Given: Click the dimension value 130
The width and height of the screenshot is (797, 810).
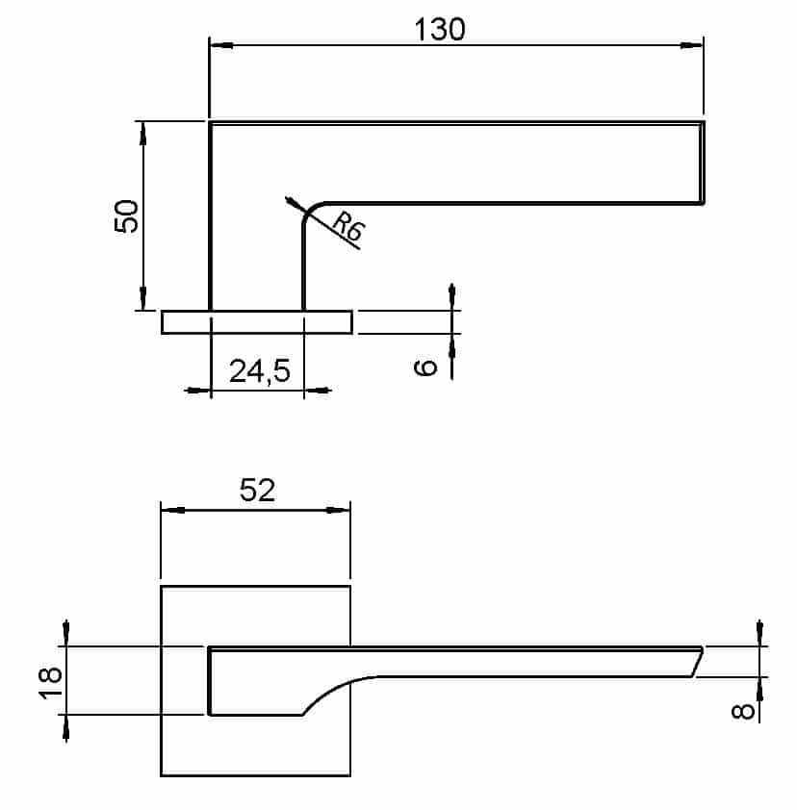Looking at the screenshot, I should pos(440,30).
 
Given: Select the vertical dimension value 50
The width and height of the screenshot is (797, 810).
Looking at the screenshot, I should pos(129,215).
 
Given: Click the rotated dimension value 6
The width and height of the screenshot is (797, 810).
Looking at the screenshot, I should pos(429,366).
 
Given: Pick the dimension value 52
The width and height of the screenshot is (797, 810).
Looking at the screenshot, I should pos(256,491).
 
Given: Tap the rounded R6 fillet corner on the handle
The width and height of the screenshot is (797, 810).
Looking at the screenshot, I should pos(310,214).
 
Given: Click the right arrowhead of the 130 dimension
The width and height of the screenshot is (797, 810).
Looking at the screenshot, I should pos(692,44).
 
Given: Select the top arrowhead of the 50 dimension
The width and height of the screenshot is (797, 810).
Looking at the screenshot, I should pos(142,133).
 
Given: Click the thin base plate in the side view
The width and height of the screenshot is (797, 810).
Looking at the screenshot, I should pos(256,322).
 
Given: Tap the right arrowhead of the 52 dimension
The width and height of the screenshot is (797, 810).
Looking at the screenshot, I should pos(339,511).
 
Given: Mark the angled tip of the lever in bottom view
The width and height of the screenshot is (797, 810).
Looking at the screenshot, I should pos(697,662).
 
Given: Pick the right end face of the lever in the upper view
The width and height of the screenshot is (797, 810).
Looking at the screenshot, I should pos(703,163).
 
